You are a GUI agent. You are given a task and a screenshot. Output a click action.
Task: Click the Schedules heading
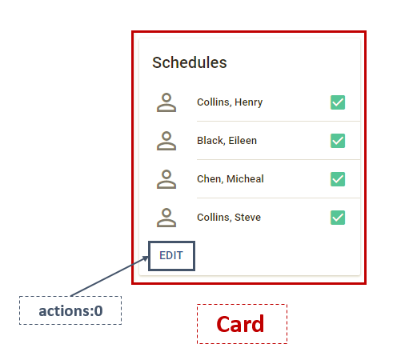(190, 62)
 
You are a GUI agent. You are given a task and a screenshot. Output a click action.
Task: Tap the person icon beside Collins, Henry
(166, 102)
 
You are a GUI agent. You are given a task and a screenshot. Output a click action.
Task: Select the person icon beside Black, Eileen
(166, 141)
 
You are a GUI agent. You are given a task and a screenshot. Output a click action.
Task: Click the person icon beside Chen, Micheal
(166, 179)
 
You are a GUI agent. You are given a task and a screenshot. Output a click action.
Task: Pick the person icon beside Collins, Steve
(166, 218)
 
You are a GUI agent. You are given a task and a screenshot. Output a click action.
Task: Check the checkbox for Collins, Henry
(338, 102)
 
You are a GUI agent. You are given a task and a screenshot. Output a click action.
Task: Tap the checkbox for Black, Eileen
(338, 141)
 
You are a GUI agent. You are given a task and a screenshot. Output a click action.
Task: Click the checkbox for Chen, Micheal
(338, 179)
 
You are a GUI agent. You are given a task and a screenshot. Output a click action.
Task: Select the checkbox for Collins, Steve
(338, 218)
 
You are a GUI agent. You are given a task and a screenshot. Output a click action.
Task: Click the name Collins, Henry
(230, 102)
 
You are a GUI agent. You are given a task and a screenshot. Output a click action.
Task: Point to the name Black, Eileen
(227, 141)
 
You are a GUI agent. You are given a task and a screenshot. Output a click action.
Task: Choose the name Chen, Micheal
(231, 179)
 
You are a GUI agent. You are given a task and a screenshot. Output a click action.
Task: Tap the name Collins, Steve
(229, 218)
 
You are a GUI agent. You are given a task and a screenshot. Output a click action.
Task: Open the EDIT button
(171, 256)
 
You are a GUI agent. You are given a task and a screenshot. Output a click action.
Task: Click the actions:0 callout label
(70, 310)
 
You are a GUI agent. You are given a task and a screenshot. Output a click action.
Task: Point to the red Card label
(242, 324)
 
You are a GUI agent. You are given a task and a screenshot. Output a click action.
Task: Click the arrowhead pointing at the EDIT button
(145, 258)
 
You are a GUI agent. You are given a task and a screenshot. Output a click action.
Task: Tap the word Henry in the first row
(248, 102)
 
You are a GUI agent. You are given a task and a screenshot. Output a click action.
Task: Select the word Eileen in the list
(242, 141)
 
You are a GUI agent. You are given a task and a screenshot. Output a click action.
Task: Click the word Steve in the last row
(247, 218)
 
